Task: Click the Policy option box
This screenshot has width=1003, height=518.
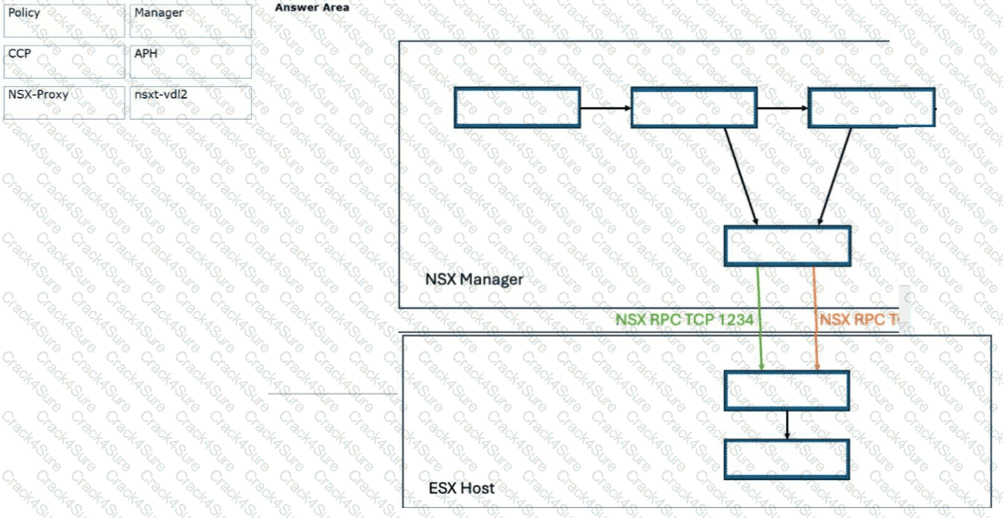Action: pyautogui.click(x=64, y=21)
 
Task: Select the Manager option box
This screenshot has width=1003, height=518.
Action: pyautogui.click(x=191, y=21)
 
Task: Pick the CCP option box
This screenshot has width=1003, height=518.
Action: pyautogui.click(x=64, y=62)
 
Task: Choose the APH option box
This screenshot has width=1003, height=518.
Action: pyautogui.click(x=191, y=62)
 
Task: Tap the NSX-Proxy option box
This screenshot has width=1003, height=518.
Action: pyautogui.click(x=64, y=103)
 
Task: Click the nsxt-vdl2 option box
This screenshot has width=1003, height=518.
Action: pyautogui.click(x=191, y=103)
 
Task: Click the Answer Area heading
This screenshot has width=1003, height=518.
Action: pyautogui.click(x=312, y=8)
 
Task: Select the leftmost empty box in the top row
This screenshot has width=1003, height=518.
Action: pyautogui.click(x=517, y=107)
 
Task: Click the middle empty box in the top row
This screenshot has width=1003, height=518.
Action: pyautogui.click(x=694, y=107)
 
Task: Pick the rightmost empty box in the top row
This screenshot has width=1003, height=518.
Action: pyautogui.click(x=871, y=107)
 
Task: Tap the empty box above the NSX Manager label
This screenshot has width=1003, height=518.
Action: pyautogui.click(x=788, y=246)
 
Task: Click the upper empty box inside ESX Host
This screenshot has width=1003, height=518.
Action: pyautogui.click(x=787, y=390)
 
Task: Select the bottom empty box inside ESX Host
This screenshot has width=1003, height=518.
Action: pyautogui.click(x=787, y=459)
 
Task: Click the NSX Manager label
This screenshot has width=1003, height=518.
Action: pyautogui.click(x=473, y=279)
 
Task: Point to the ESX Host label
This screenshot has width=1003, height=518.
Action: pyautogui.click(x=461, y=488)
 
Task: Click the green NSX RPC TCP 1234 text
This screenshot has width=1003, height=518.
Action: pyautogui.click(x=684, y=319)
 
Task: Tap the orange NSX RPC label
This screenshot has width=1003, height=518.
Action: pyautogui.click(x=860, y=319)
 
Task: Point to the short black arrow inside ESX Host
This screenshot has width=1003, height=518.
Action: pyautogui.click(x=787, y=424)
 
